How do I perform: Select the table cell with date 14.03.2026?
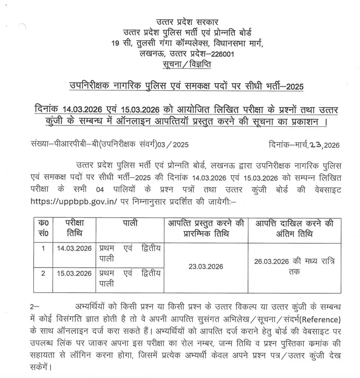pos(74,248)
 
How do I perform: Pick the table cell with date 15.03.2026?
pos(74,274)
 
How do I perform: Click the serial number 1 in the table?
pos(43,248)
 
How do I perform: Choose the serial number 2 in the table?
pos(43,274)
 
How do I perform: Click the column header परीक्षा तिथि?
pos(74,228)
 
